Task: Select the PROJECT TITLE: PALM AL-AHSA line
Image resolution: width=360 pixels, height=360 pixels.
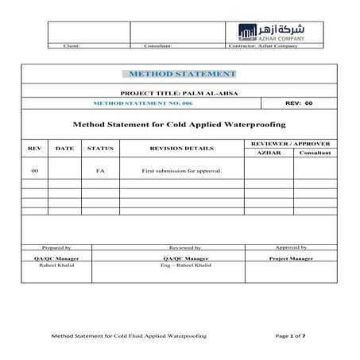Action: pyautogui.click(x=178, y=93)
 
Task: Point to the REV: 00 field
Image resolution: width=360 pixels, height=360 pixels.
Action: pyautogui.click(x=299, y=103)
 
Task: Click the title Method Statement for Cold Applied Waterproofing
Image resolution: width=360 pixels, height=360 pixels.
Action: pyautogui.click(x=179, y=124)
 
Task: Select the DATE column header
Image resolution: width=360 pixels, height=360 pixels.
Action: pyautogui.click(x=64, y=148)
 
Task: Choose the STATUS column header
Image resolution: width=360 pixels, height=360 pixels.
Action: pyautogui.click(x=100, y=148)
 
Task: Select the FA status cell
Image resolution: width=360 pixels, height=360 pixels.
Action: pyautogui.click(x=100, y=171)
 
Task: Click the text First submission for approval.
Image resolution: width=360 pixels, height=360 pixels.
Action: pyautogui.click(x=181, y=171)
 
